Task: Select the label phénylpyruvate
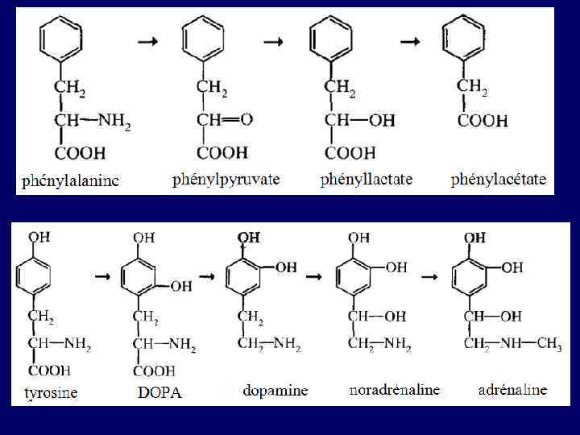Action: (x=226, y=179)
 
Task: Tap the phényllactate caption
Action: (x=366, y=179)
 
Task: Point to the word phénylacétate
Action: (x=498, y=179)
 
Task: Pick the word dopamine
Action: (x=275, y=391)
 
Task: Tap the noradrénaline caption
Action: (x=395, y=390)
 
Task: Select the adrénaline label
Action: (x=512, y=390)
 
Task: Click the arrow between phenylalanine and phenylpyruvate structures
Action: (x=148, y=43)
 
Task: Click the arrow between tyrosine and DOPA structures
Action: (x=102, y=276)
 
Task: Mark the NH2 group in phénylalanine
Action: (x=114, y=123)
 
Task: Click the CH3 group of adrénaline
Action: (x=549, y=344)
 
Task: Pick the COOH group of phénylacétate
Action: (x=483, y=122)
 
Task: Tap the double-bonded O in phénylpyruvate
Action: (x=246, y=119)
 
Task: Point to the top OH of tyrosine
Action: (x=39, y=237)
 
